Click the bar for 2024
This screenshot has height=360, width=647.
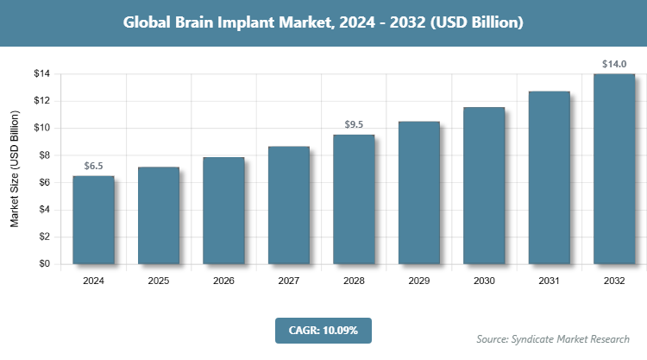point(93,220)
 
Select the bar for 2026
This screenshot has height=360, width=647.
point(223,211)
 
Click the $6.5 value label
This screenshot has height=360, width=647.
point(93,165)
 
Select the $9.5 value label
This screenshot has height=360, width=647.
point(354,124)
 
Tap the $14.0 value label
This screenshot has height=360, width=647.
point(614,64)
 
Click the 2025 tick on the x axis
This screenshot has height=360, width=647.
point(159,281)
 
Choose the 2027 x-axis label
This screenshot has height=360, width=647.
point(289,281)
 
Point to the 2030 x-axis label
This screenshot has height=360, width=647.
point(484,281)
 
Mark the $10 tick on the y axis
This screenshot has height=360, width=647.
point(41,128)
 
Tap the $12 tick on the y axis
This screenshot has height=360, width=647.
point(41,101)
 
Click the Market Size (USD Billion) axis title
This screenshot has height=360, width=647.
point(16,169)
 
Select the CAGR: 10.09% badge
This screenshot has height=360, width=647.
point(323,329)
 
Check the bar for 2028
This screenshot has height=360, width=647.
point(354,199)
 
